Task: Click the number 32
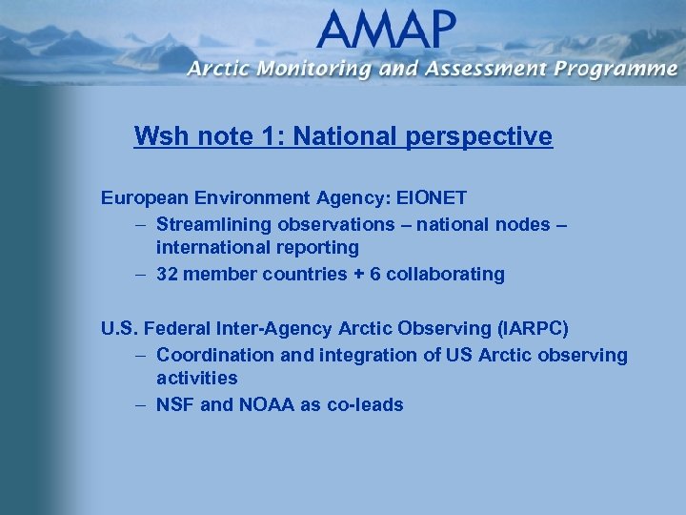[168, 274]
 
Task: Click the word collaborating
[447, 274]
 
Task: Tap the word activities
[197, 379]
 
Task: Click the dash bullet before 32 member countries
[139, 274]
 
